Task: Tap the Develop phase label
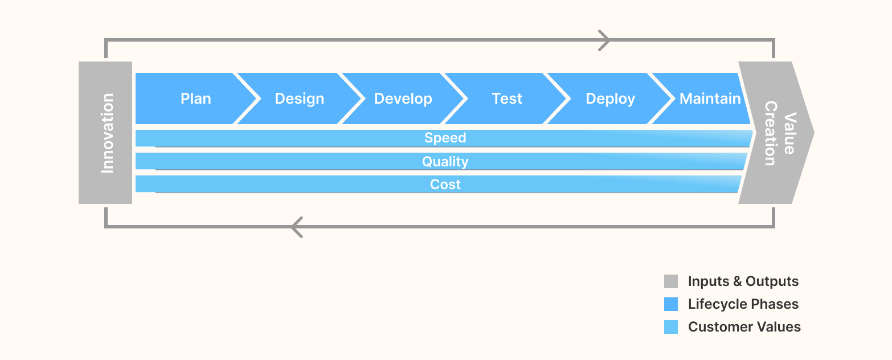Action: coord(403,99)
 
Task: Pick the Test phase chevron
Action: coord(506,99)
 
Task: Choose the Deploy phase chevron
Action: coord(610,99)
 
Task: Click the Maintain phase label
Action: coord(710,99)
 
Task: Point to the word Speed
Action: coord(445,138)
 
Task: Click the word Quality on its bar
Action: coord(445,162)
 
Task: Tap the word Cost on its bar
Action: coord(445,185)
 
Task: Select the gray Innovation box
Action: coord(106,133)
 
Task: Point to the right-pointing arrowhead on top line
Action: coord(604,40)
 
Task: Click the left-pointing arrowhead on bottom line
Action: coord(296,227)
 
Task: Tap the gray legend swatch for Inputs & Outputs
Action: coord(670,281)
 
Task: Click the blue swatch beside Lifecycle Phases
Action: coord(670,304)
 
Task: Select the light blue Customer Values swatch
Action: coord(670,327)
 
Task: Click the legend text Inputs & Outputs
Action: coord(743,281)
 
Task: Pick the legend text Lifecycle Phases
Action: coord(743,304)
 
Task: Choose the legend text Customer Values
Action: coord(744,327)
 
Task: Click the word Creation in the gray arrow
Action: coord(770,133)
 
